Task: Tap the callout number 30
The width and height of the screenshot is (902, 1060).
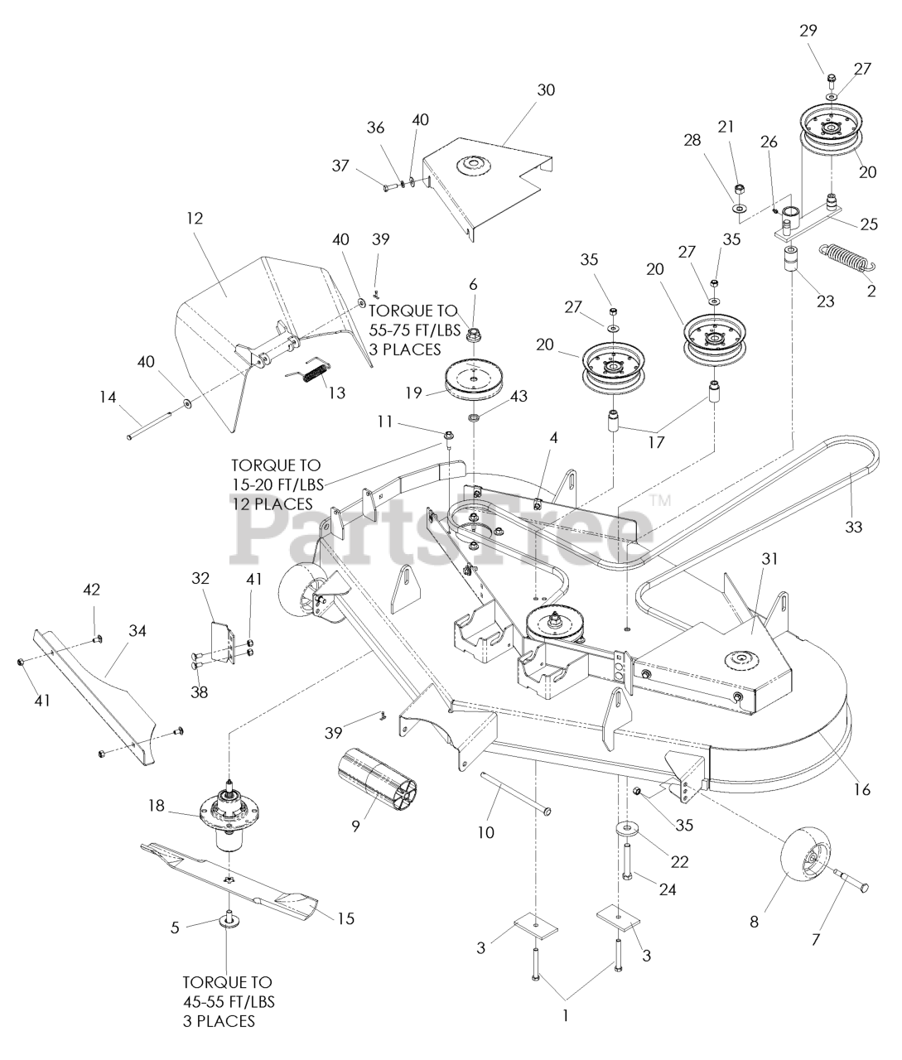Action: click(x=546, y=90)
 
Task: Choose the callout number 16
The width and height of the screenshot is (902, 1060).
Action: click(x=861, y=789)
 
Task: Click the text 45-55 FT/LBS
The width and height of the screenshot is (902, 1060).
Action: click(x=228, y=1002)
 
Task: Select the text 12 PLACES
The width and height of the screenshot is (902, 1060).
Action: click(x=273, y=503)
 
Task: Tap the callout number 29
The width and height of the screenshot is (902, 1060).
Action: click(x=808, y=31)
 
